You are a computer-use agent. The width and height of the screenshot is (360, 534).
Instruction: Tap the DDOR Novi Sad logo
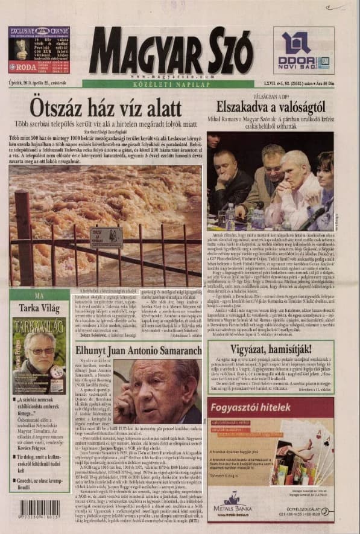pos(303,51)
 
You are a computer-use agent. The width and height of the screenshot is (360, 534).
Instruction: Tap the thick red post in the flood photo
pos(24,235)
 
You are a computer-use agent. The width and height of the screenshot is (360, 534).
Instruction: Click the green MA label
pos(39,296)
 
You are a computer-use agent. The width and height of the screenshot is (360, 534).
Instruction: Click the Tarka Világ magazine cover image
pos(39,355)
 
